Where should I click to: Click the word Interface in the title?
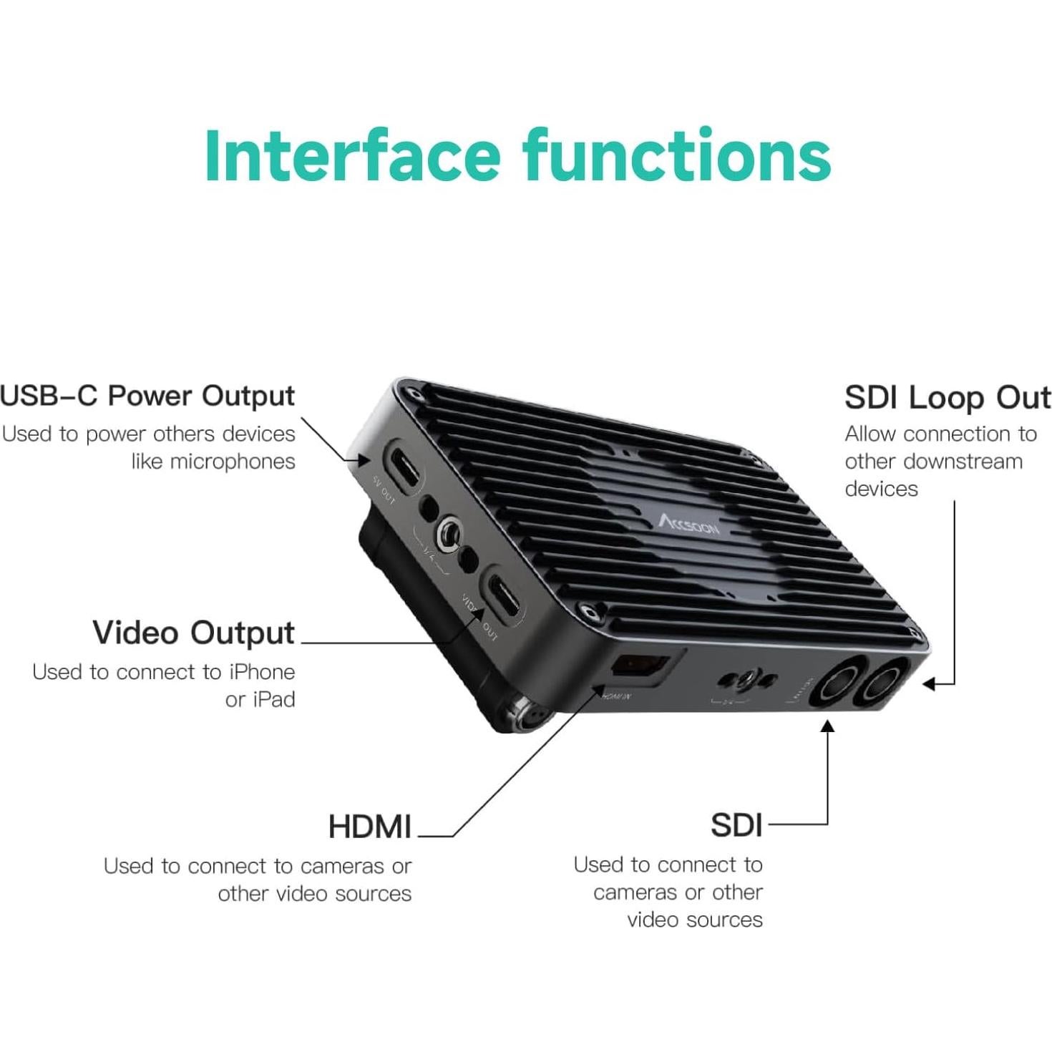[351, 155]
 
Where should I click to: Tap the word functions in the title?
[676, 155]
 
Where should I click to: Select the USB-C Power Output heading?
[147, 396]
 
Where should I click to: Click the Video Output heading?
[193, 633]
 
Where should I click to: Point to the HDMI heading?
[369, 827]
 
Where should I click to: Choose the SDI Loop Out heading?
[948, 398]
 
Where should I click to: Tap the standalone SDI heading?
[736, 825]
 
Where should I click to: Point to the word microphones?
[233, 462]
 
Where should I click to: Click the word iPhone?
[261, 672]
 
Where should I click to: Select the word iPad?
[271, 699]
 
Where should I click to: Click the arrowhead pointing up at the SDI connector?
[827, 726]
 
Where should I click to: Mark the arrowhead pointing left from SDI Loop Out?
[929, 684]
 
